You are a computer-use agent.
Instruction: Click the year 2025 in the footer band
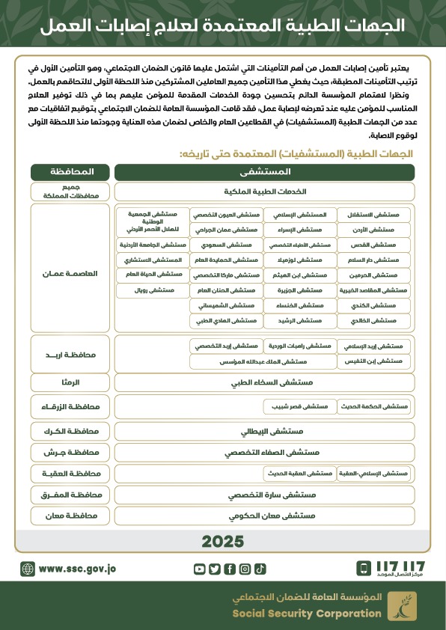tap(223, 541)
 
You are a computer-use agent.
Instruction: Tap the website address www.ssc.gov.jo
tap(77, 569)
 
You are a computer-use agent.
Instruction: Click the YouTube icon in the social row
tap(199, 569)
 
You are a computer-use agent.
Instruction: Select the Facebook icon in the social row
tap(230, 569)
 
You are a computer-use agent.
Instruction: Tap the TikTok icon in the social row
tap(260, 569)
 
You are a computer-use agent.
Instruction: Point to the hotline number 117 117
tap(401, 566)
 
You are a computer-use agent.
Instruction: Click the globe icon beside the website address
tap(28, 569)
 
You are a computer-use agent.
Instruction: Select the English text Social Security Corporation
tap(307, 614)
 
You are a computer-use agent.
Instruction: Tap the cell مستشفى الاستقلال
tap(374, 214)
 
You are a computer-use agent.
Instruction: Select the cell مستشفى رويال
tap(153, 290)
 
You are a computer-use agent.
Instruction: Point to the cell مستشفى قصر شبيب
tap(298, 406)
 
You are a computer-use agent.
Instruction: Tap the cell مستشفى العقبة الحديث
tap(298, 474)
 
